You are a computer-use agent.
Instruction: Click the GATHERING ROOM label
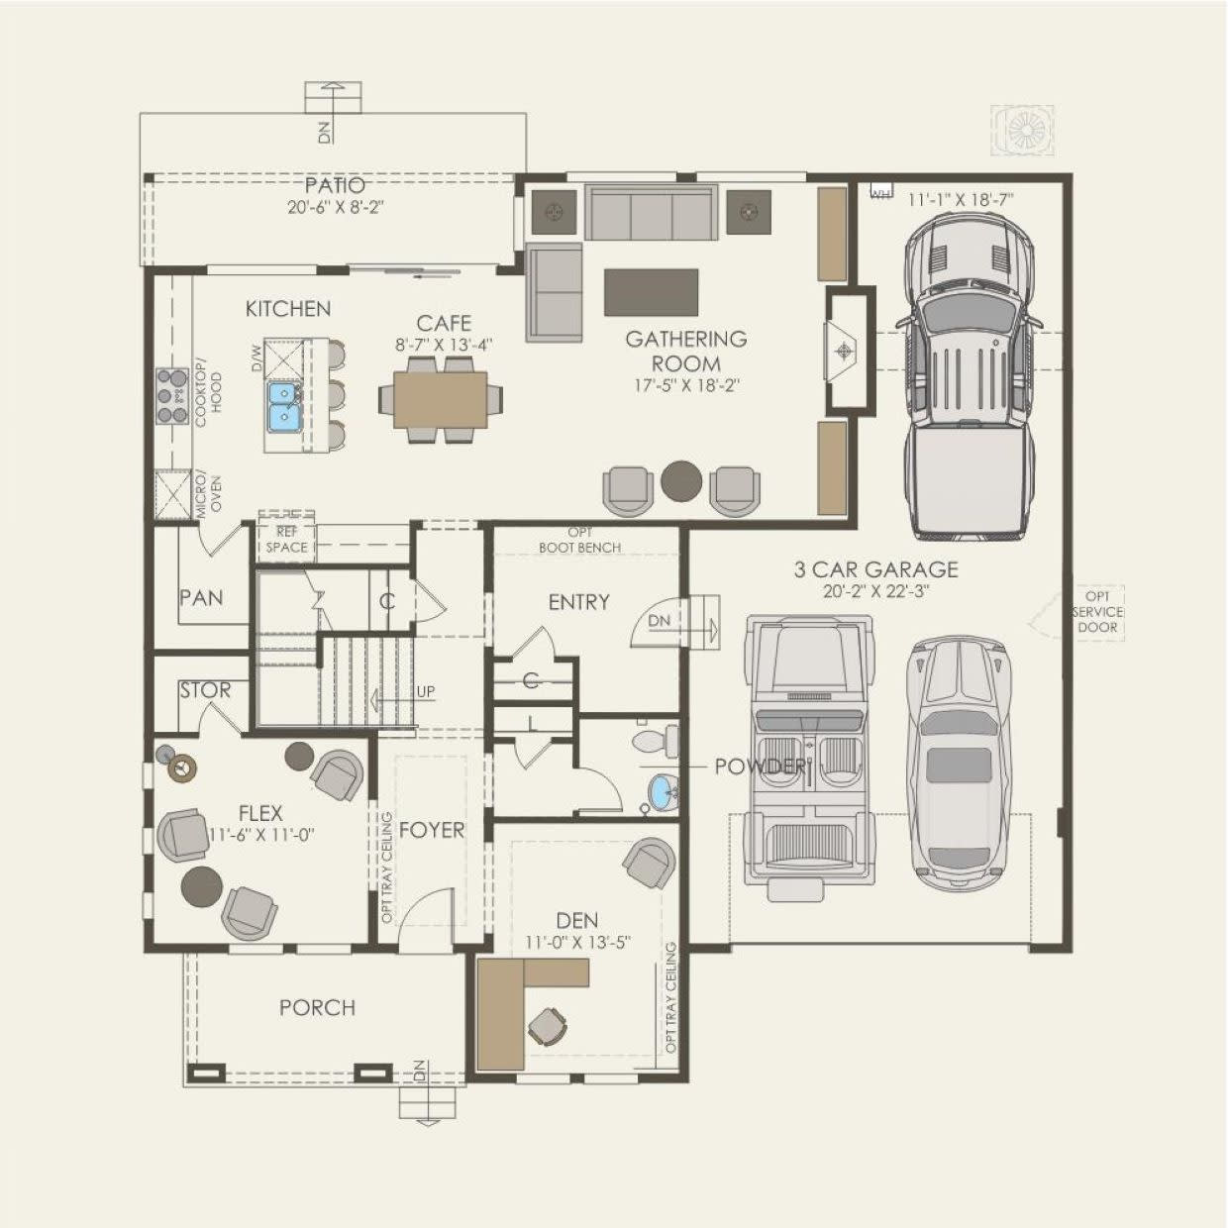(686, 351)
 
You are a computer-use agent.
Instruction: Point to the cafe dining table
(441, 400)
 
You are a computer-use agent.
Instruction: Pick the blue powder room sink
(663, 792)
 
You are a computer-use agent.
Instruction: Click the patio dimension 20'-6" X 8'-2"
(336, 207)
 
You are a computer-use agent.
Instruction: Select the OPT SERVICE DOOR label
(1098, 612)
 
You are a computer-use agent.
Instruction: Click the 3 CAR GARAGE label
(875, 568)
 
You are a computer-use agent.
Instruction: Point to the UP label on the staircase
(425, 691)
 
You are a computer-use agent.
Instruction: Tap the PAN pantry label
(201, 598)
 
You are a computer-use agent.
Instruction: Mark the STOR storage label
(205, 690)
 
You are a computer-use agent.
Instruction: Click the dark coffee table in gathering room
(652, 292)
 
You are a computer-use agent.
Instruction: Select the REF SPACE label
(287, 539)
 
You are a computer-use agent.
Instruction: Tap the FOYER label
(432, 830)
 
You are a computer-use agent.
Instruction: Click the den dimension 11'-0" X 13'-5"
(578, 942)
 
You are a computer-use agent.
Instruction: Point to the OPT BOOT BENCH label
(579, 540)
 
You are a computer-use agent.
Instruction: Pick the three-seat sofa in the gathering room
(651, 214)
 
